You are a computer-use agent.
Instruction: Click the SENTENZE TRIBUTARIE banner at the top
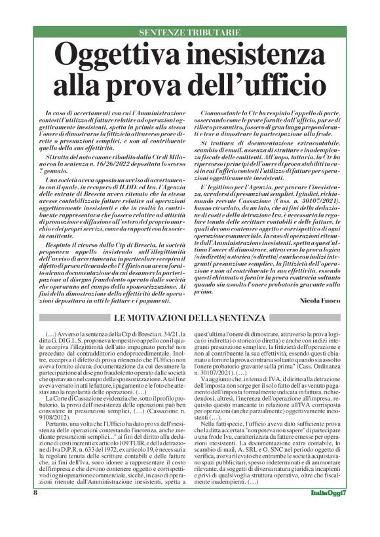pyautogui.click(x=189, y=32)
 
